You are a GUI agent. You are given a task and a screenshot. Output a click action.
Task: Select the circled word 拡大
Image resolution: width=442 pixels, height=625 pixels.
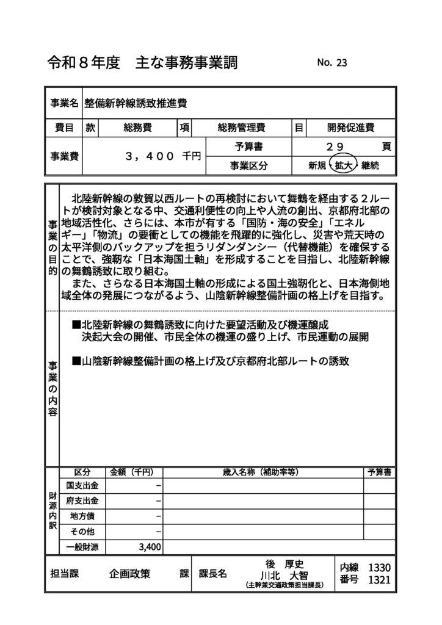point(341,165)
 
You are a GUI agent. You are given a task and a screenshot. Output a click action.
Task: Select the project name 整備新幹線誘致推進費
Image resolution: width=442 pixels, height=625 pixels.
point(135,103)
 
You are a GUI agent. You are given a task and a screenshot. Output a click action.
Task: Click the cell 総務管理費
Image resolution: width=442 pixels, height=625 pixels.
point(241,128)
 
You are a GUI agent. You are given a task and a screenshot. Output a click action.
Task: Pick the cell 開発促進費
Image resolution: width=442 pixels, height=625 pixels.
point(350,128)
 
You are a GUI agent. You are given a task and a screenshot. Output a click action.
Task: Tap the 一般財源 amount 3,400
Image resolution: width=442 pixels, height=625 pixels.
point(150,546)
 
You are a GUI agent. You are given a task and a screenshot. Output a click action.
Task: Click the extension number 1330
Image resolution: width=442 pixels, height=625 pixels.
point(379,567)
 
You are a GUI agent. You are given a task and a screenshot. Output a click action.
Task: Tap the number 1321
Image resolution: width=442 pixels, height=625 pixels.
point(379,580)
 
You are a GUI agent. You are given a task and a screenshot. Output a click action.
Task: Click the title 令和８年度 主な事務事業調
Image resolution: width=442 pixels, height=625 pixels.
point(142,63)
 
